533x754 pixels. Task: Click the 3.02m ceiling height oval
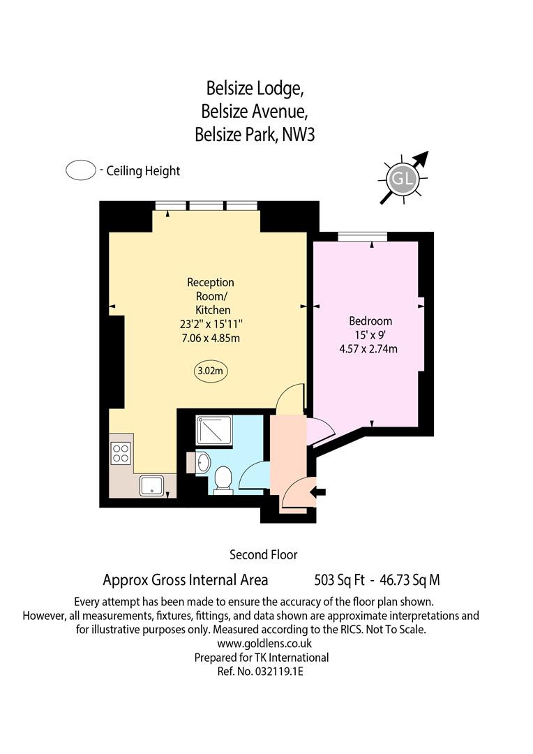pyautogui.click(x=211, y=371)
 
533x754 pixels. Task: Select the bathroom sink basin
pyautogui.click(x=204, y=462)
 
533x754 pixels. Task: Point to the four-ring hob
pyautogui.click(x=121, y=454)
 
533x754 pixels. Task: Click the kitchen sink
pyautogui.click(x=152, y=486)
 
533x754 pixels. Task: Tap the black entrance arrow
pyautogui.click(x=319, y=492)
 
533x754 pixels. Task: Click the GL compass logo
pyautogui.click(x=403, y=179)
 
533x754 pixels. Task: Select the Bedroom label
pyautogui.click(x=370, y=320)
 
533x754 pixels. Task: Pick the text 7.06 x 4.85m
pyautogui.click(x=211, y=338)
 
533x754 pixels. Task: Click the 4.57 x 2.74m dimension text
pyautogui.click(x=368, y=349)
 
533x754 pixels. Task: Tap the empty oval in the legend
pyautogui.click(x=81, y=170)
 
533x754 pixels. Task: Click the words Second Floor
pyautogui.click(x=264, y=555)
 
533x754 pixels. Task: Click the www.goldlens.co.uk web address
pyautogui.click(x=264, y=644)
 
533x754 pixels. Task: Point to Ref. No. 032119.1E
pyautogui.click(x=260, y=672)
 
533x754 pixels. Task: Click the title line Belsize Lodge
pyautogui.click(x=255, y=89)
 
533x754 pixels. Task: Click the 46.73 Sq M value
pyautogui.click(x=410, y=580)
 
